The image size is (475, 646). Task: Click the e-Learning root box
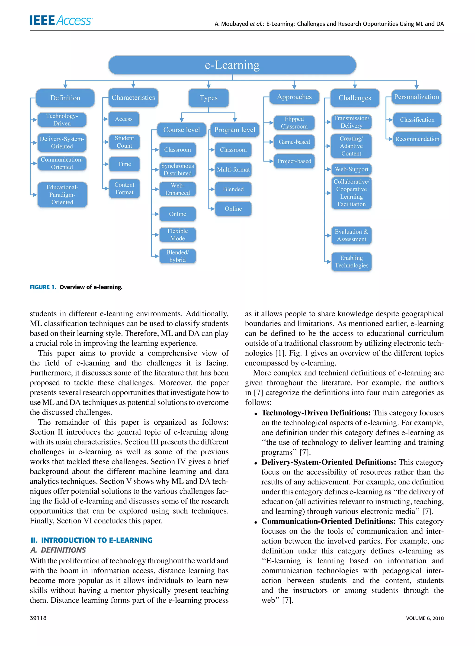pyautogui.click(x=232, y=65)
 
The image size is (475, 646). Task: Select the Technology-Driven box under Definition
pyautogui.click(x=62, y=120)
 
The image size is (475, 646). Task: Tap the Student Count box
pyautogui.click(x=124, y=142)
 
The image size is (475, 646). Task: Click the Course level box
pyautogui.click(x=181, y=130)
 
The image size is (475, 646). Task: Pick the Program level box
pyautogui.click(x=235, y=130)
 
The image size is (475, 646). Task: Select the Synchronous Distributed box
pyautogui.click(x=177, y=170)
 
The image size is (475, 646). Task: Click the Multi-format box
pyautogui.click(x=233, y=170)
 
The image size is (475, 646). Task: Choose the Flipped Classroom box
pyautogui.click(x=294, y=123)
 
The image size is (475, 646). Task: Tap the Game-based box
pyautogui.click(x=294, y=142)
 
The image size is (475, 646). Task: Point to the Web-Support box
pyautogui.click(x=351, y=169)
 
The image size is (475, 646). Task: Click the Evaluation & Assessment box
pyautogui.click(x=351, y=235)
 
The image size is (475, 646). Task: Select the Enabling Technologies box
pyautogui.click(x=351, y=262)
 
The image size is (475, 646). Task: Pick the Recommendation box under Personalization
pyautogui.click(x=417, y=139)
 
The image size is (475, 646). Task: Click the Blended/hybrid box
pyautogui.click(x=177, y=256)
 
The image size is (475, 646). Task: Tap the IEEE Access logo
pyautogui.click(x=61, y=20)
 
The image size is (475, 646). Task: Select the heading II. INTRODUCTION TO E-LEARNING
pyautogui.click(x=91, y=540)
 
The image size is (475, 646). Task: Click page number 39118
pyautogui.click(x=38, y=618)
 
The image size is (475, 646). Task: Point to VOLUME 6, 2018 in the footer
pyautogui.click(x=425, y=618)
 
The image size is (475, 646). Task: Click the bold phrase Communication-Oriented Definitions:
pyautogui.click(x=328, y=521)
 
